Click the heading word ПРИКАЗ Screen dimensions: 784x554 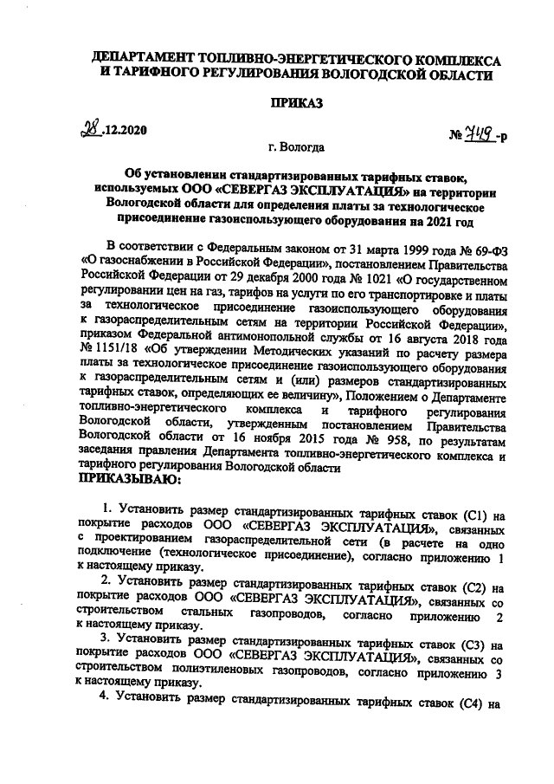coord(295,103)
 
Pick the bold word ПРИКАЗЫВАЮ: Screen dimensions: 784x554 coord(130,478)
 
